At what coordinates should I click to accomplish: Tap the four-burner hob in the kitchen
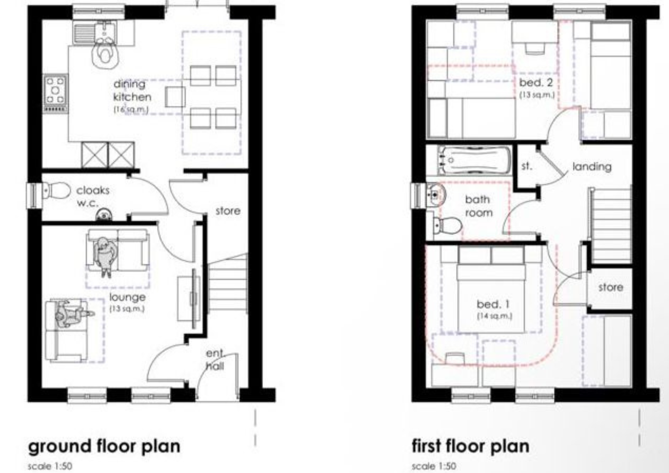pos(55,93)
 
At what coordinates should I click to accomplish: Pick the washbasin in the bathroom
pos(436,194)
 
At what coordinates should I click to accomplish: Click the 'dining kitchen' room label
pos(132,90)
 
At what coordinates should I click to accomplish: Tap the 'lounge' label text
pos(127,298)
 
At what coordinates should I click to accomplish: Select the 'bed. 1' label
pos(493,304)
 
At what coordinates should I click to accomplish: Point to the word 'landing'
pos(592,167)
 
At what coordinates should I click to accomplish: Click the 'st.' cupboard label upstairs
pos(527,166)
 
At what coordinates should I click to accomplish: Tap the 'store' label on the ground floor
pos(228,211)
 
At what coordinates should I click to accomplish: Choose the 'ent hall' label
pos(215,360)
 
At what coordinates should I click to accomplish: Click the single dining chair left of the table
pos(175,97)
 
